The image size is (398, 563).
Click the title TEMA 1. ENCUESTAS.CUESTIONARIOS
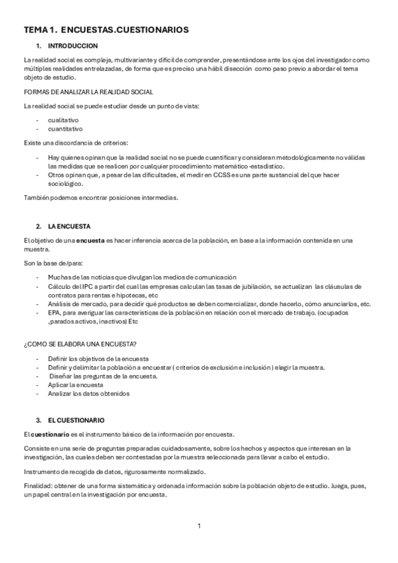coord(106,30)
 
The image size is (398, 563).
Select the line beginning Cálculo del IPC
coord(199,286)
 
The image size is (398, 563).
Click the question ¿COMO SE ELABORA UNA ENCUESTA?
coord(80,343)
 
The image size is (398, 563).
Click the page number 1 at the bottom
coord(199,526)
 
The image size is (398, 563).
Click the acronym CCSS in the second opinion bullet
coord(223,175)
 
